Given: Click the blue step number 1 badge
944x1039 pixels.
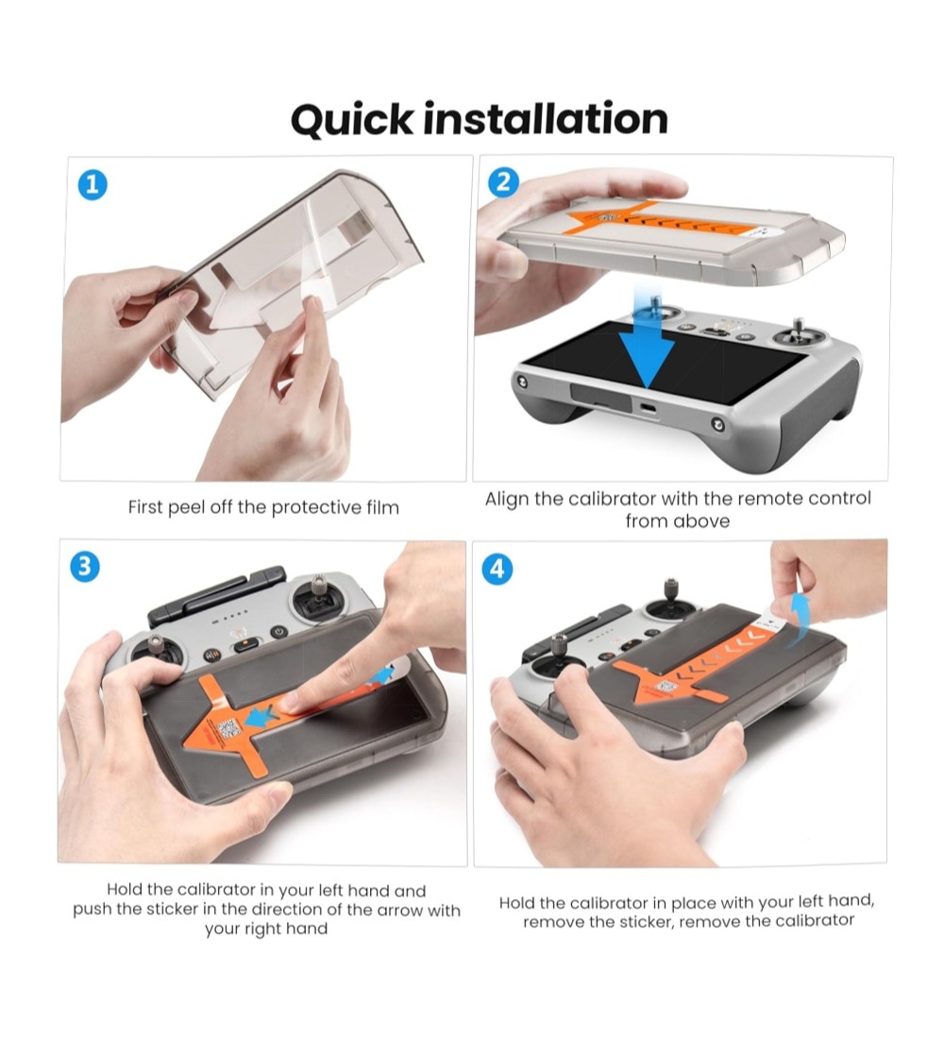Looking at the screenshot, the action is [x=93, y=185].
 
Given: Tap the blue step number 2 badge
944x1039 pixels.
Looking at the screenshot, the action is [x=503, y=181].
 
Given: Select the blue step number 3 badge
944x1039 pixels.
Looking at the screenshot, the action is [x=85, y=568].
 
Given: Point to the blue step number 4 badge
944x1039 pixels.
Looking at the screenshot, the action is [x=497, y=570].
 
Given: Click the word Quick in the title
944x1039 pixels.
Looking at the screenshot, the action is [x=351, y=121].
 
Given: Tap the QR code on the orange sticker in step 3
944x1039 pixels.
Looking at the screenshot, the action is [x=228, y=729].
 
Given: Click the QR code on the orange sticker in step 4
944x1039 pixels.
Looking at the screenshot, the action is [x=666, y=687].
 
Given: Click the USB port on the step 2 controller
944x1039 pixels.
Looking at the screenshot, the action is [x=649, y=408].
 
